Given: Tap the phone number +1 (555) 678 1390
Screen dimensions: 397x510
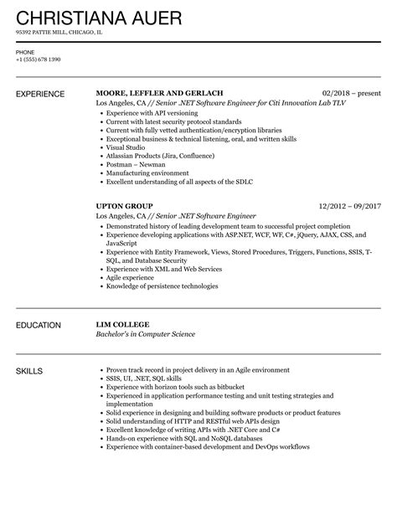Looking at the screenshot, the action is coord(39,59).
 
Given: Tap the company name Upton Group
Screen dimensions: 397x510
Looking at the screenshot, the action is coord(124,204).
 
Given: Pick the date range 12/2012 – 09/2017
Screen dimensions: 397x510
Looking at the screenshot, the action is coord(349,204).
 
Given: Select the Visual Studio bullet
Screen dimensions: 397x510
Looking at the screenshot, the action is coord(125,147).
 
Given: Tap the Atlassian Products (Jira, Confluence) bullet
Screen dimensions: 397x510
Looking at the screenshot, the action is coord(155,156).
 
